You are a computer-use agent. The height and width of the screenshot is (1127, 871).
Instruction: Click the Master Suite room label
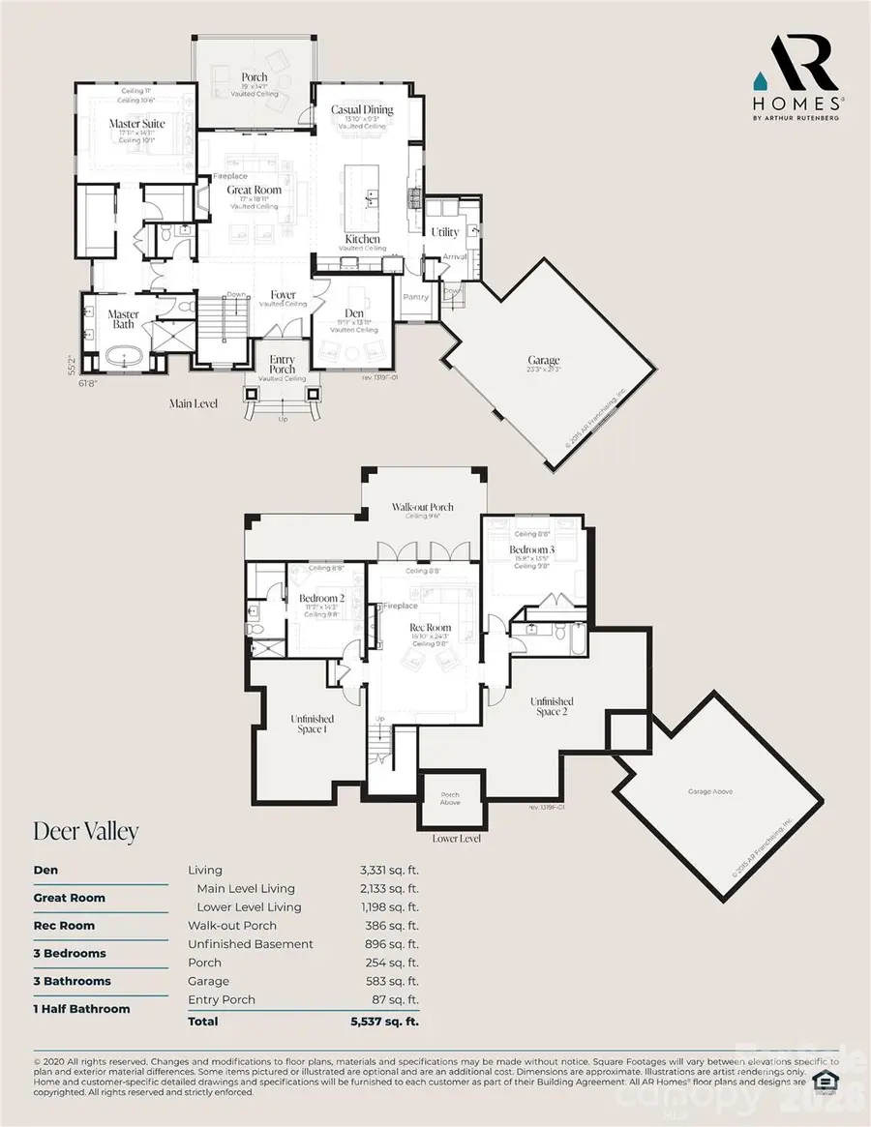136,124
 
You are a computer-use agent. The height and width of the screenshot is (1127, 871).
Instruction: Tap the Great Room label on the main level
255,190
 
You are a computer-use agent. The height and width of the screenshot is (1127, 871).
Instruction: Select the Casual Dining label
362,110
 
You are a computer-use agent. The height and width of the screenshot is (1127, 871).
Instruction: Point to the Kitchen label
363,239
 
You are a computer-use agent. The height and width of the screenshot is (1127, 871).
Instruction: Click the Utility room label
445,232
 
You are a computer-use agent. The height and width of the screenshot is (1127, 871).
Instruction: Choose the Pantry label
416,297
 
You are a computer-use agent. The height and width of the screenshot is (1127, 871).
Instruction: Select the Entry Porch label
283,365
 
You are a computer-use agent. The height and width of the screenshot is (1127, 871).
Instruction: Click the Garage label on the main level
544,361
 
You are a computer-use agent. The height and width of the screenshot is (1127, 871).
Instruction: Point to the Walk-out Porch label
422,507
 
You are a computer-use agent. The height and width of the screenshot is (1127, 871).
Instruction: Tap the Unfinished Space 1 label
313,724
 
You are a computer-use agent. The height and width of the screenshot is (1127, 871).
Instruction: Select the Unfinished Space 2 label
551,706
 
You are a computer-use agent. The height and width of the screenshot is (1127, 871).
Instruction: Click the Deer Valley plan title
86,830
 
